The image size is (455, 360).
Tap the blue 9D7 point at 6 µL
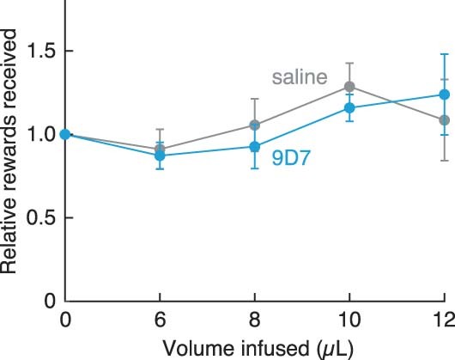(x=160, y=156)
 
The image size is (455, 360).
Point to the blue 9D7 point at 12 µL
(x=444, y=95)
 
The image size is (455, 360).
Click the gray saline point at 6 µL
(x=160, y=149)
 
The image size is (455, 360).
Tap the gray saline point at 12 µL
(x=444, y=120)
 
